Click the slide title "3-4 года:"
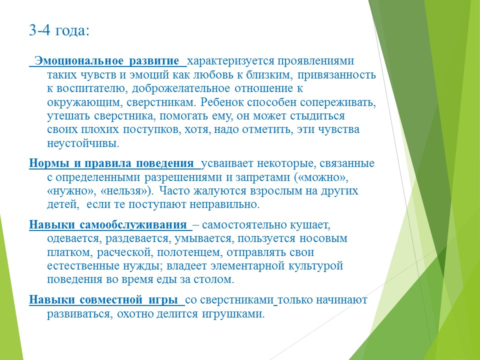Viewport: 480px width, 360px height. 59,30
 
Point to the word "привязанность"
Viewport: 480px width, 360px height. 336,75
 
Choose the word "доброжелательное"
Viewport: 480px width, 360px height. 181,89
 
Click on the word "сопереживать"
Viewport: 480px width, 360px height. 337,102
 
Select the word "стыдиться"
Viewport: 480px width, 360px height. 317,116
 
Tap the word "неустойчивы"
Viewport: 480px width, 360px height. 83,143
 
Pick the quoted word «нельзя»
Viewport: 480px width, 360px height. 126,191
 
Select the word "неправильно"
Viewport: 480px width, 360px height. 224,205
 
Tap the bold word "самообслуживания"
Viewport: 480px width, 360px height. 133,225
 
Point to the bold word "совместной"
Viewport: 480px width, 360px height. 111,300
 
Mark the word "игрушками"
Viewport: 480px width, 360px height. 232,314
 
